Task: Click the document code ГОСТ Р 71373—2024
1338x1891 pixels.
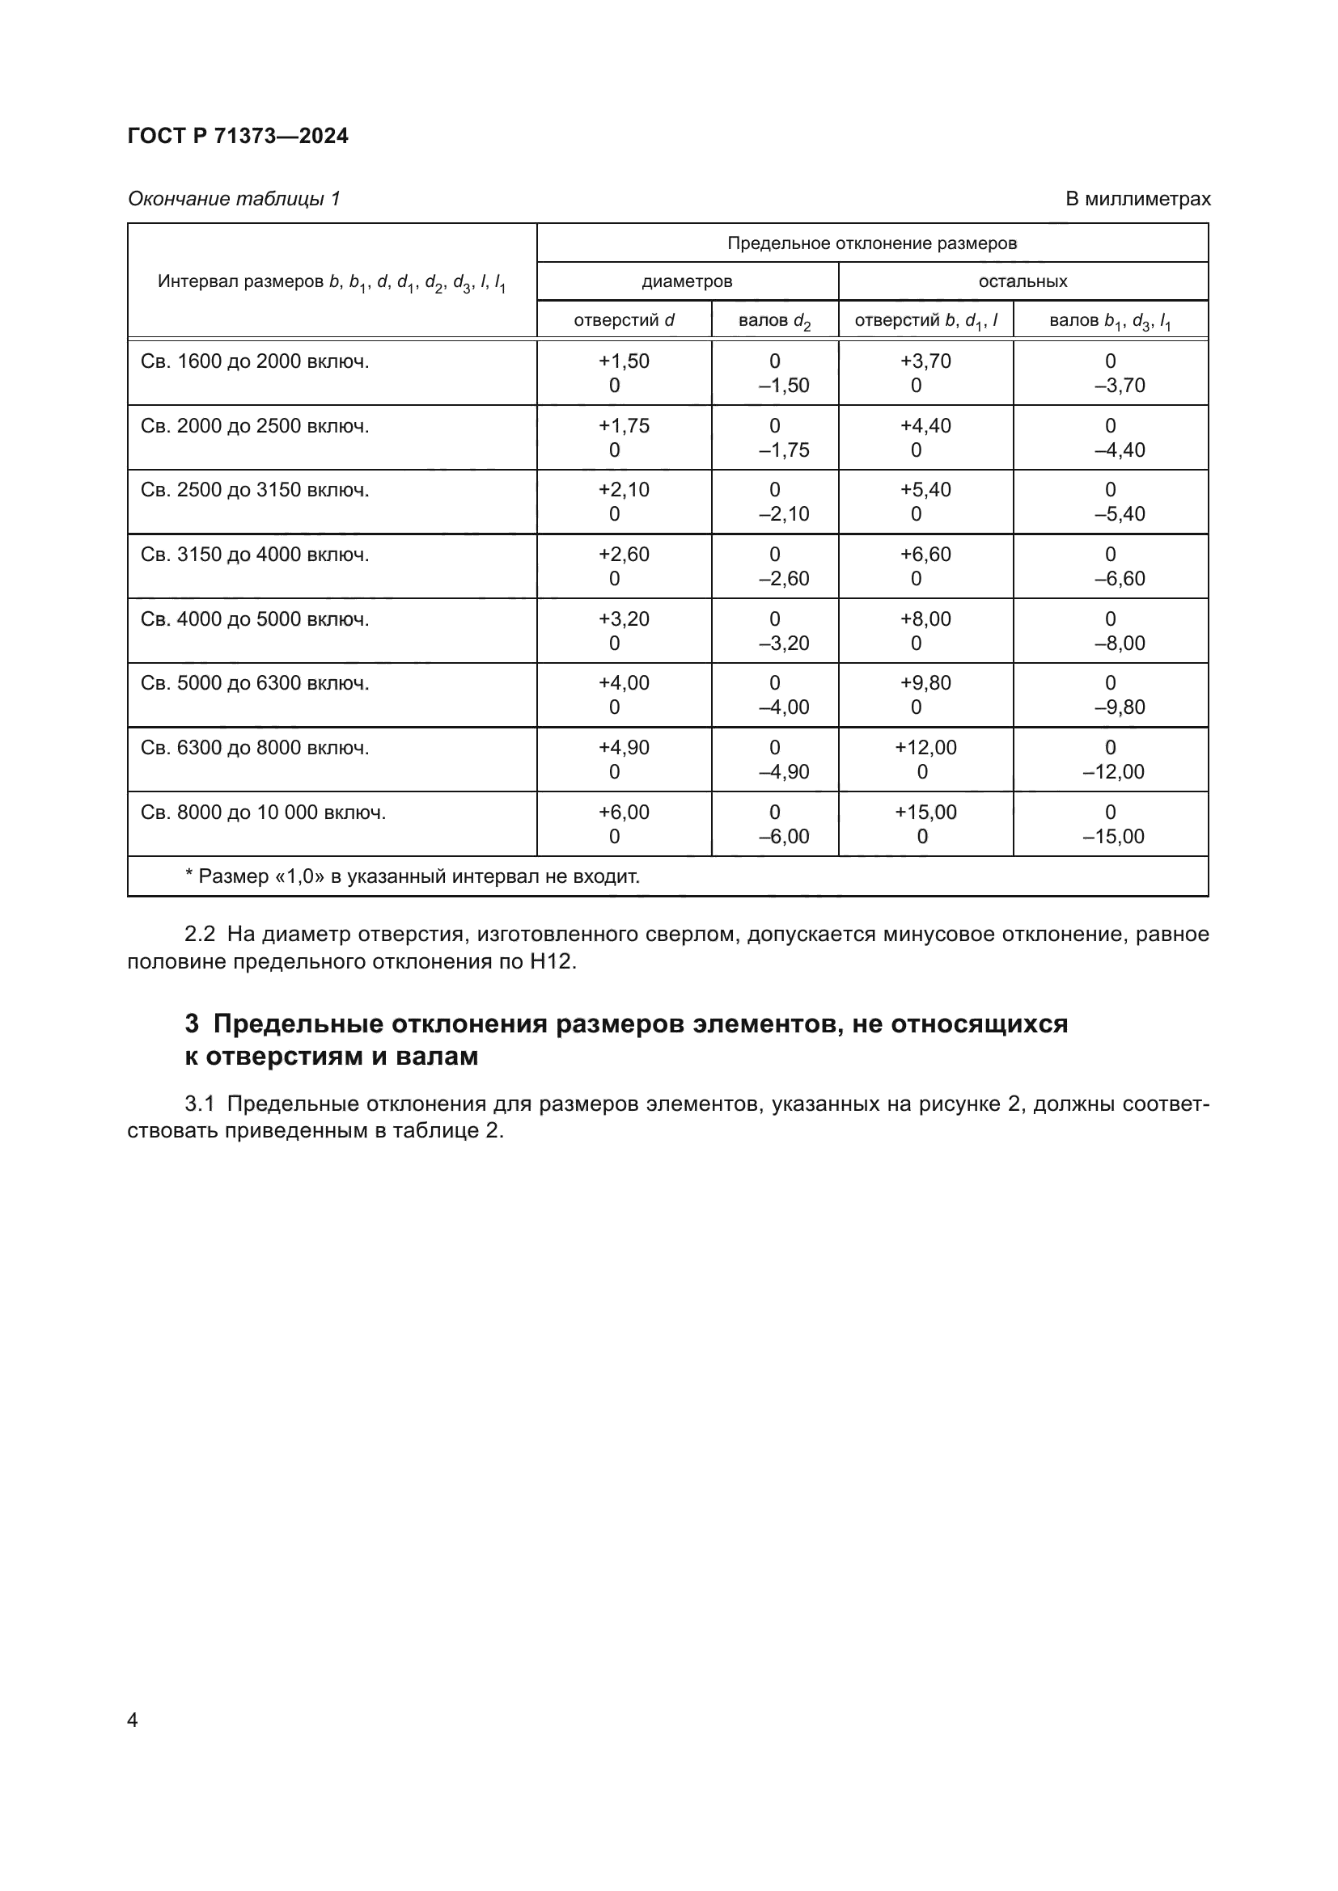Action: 238,136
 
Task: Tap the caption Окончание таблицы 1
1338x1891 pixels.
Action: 234,199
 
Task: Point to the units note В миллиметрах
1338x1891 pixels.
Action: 1138,199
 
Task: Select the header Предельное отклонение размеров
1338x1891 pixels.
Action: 872,243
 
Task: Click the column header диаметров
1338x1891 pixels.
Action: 687,281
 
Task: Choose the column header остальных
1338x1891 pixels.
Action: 1023,281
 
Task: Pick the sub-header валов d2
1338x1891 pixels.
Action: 774,320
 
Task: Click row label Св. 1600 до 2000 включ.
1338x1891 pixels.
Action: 255,361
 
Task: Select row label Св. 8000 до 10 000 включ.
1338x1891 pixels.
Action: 263,812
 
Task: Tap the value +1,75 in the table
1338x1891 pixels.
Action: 624,426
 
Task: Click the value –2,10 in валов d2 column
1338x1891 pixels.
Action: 784,514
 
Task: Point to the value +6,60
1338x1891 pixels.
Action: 925,555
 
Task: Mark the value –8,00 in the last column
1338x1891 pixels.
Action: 1120,644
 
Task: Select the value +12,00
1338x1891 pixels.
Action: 925,748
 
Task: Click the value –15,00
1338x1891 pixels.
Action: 1113,837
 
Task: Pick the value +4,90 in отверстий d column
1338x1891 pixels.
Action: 624,748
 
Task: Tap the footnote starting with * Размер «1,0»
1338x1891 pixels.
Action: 412,876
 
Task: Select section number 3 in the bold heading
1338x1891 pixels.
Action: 191,1024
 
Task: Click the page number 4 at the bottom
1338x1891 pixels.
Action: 133,1720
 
